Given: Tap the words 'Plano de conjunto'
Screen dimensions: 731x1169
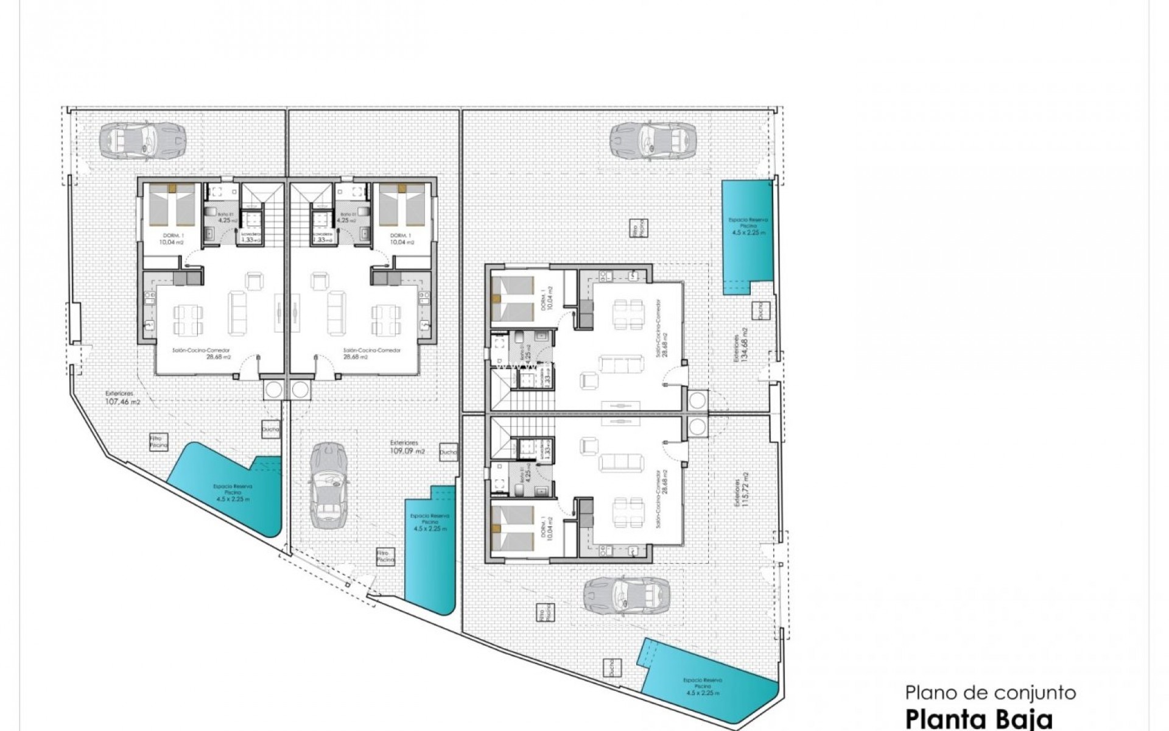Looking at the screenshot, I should pyautogui.click(x=991, y=692).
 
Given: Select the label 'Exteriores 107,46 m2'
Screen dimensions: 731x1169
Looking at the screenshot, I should pyautogui.click(x=119, y=398).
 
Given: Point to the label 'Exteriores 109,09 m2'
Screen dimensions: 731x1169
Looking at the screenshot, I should pyautogui.click(x=407, y=447).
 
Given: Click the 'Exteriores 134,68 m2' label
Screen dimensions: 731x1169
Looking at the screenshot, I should pyautogui.click(x=740, y=349).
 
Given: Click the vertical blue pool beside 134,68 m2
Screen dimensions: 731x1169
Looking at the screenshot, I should pyautogui.click(x=746, y=237).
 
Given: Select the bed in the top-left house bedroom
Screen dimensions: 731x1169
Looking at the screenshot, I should pyautogui.click(x=171, y=205).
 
